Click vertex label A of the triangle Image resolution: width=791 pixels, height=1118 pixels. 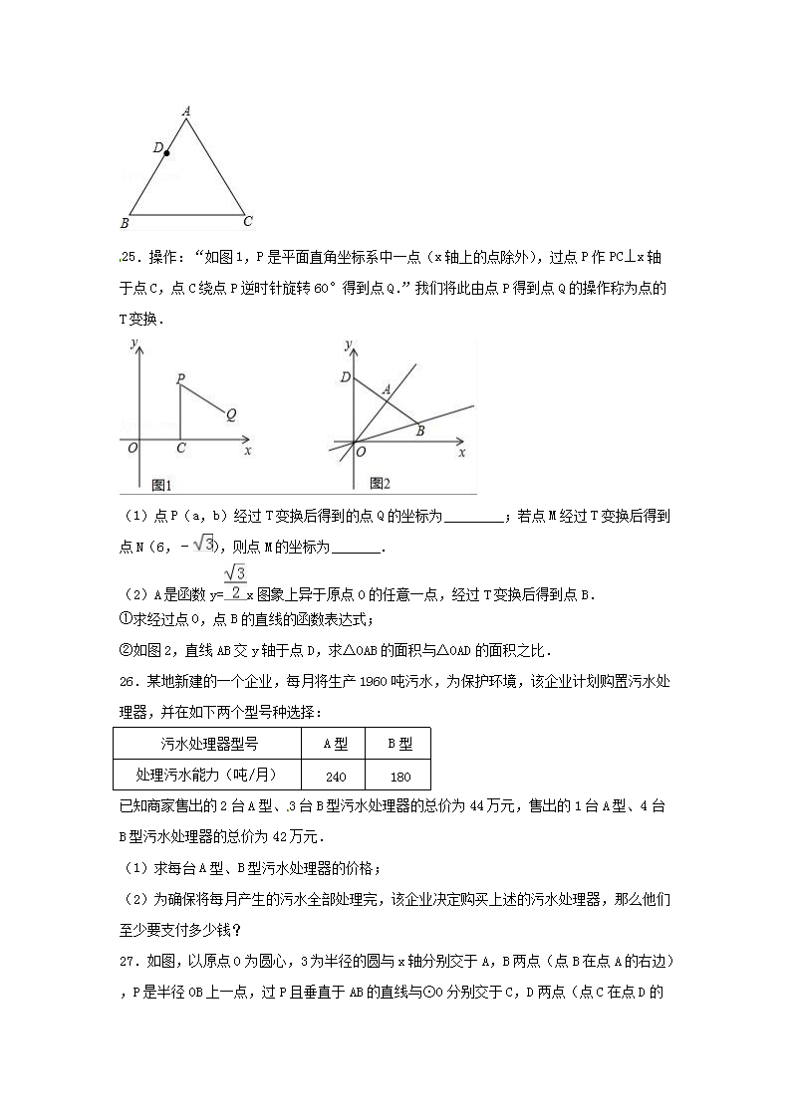(186, 112)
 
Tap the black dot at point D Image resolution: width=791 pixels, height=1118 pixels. (167, 152)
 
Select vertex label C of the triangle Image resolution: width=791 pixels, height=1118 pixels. (248, 221)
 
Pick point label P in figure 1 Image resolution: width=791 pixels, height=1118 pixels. (180, 378)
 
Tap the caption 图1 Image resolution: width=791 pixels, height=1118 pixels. (162, 484)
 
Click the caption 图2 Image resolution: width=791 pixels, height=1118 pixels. (381, 484)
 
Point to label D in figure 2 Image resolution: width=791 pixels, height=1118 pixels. (345, 377)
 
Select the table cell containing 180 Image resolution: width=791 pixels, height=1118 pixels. (400, 777)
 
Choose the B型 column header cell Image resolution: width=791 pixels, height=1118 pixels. (400, 744)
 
